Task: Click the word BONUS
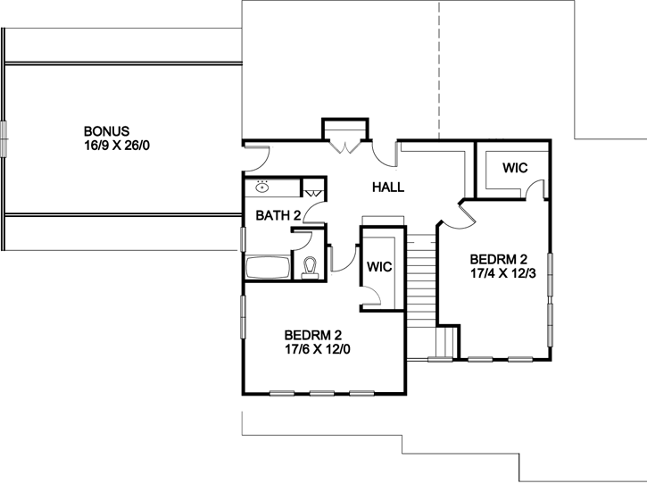(107, 130)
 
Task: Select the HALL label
(388, 188)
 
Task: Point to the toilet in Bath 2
(311, 268)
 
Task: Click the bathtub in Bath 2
(268, 268)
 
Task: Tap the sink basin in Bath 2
(263, 188)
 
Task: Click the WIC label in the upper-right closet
(515, 168)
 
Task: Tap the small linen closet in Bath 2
(314, 189)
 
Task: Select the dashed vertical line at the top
(439, 63)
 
